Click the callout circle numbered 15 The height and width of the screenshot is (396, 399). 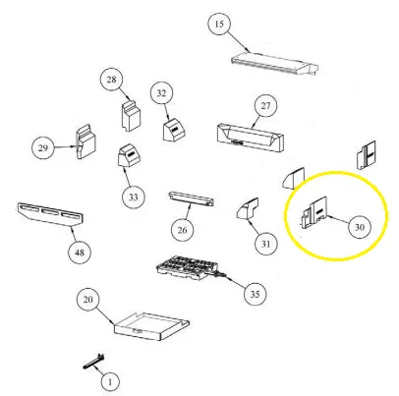(219, 24)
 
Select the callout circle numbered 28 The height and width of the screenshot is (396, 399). (111, 80)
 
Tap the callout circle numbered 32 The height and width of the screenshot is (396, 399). (161, 93)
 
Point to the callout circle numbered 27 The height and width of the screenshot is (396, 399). (265, 105)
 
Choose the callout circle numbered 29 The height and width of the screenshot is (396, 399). (43, 148)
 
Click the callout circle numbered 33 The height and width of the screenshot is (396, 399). (134, 198)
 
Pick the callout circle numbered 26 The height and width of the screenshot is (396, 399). (183, 230)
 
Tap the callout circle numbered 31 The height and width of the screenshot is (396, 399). (265, 244)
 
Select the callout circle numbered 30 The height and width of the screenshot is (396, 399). (360, 227)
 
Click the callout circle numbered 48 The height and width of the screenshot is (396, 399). (80, 253)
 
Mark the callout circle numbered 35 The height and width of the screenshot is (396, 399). (256, 294)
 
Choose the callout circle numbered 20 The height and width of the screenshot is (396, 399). (87, 300)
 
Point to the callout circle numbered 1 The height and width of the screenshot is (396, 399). (110, 382)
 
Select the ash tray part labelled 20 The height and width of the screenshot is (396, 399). (151, 327)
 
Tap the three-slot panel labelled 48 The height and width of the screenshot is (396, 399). (50, 215)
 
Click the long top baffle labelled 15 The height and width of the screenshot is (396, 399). (274, 64)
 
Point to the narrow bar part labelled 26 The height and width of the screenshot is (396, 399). (192, 198)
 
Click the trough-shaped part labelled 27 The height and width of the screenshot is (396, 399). (251, 138)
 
